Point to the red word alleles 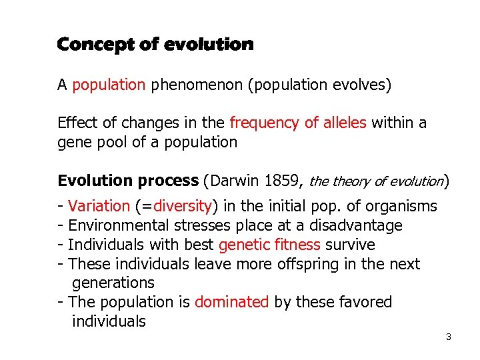click(345, 123)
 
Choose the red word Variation click(99, 206)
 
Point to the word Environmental click(115, 225)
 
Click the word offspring click(306, 264)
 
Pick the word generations click(113, 283)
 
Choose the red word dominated click(231, 302)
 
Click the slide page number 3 click(449, 337)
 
